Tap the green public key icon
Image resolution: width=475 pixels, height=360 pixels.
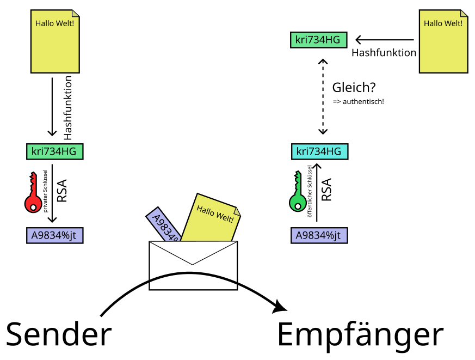pyautogui.click(x=297, y=193)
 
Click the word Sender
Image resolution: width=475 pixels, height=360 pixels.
pyautogui.click(x=59, y=333)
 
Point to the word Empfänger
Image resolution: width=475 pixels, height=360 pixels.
pyautogui.click(x=360, y=334)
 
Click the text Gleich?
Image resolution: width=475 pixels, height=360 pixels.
pyautogui.click(x=354, y=87)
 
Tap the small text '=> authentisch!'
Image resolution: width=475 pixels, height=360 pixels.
pyautogui.click(x=359, y=102)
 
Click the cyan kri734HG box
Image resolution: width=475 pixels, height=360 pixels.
pyautogui.click(x=319, y=151)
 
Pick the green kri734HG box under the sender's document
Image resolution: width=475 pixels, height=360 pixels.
pyautogui.click(x=55, y=151)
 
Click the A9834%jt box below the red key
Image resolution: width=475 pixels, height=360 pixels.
pyautogui.click(x=54, y=235)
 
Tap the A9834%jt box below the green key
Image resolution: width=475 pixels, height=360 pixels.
pyautogui.click(x=319, y=235)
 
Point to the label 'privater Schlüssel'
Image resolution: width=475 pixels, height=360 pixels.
pyautogui.click(x=46, y=191)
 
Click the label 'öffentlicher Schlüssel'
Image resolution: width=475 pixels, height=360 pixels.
pyautogui.click(x=310, y=191)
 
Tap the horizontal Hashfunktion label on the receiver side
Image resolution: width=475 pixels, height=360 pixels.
pyautogui.click(x=384, y=53)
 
